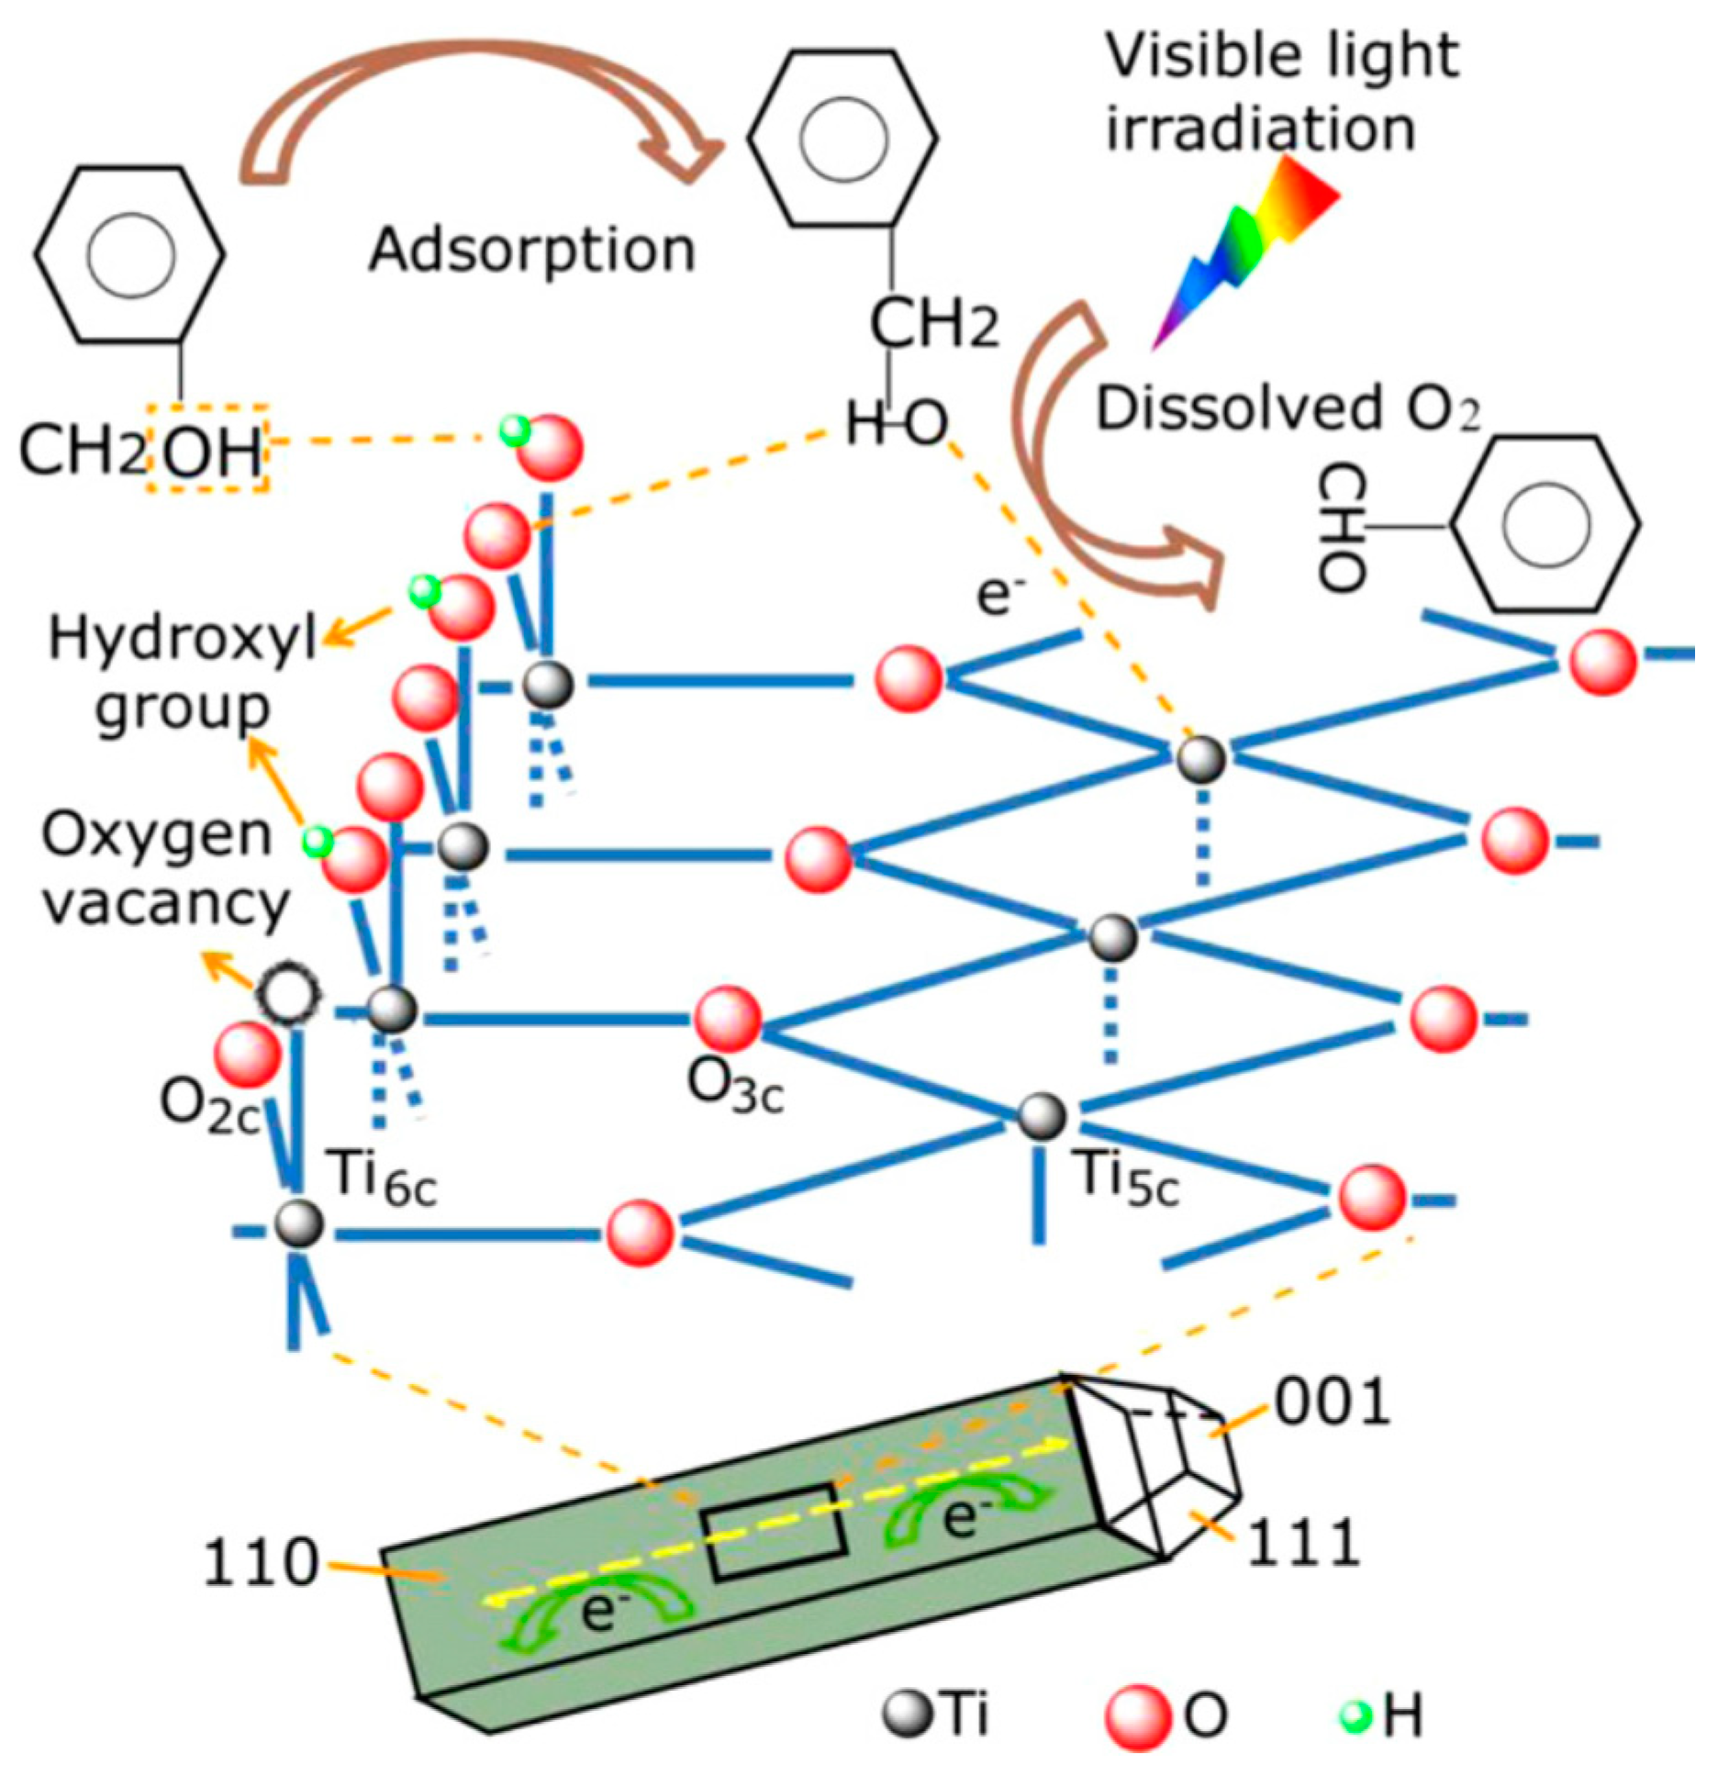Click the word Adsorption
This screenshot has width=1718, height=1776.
click(x=532, y=250)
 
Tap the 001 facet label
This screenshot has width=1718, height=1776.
click(x=1332, y=1401)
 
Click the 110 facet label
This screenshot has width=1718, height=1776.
click(x=260, y=1562)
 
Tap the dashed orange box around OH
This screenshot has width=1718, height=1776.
click(x=207, y=447)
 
